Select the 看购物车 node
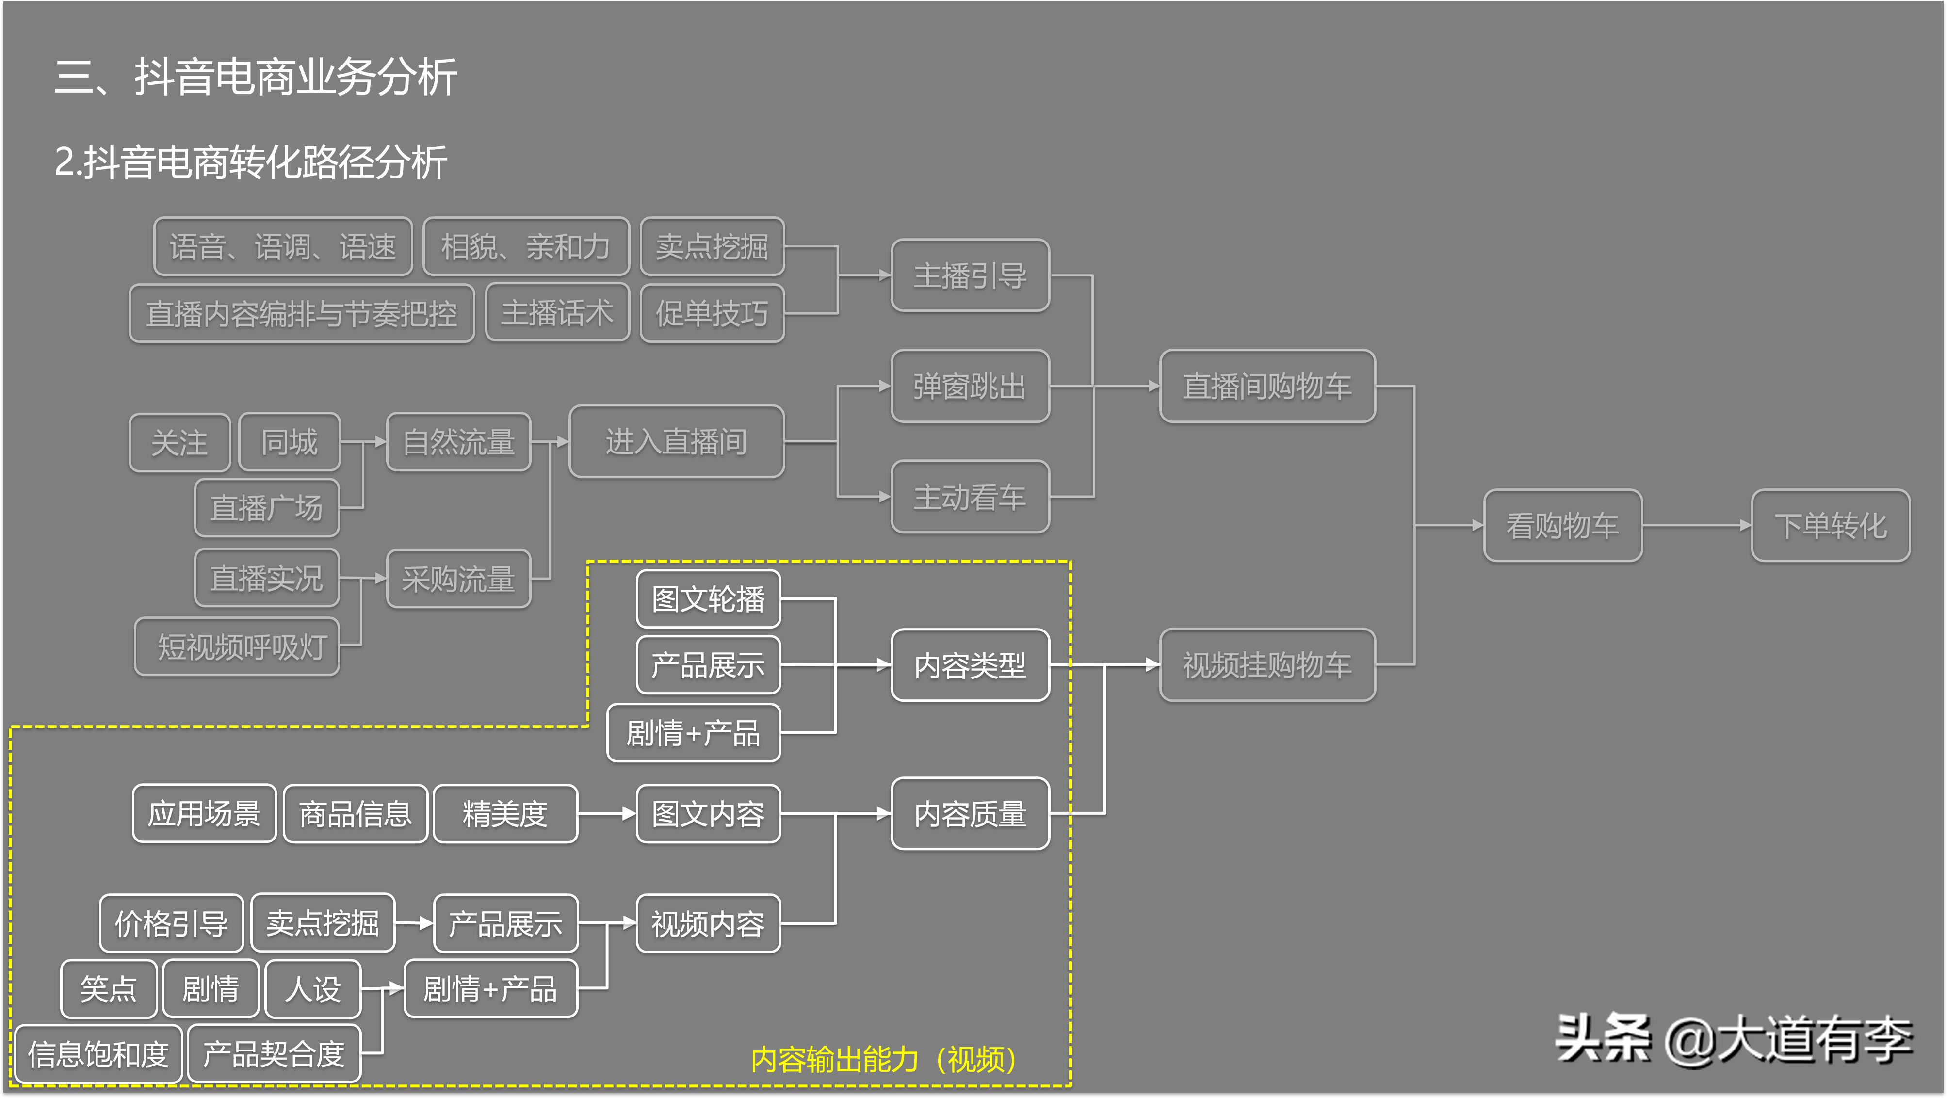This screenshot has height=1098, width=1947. pos(1562,525)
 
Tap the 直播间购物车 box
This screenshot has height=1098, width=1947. pos(1267,386)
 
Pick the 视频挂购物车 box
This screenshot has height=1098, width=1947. pos(1267,665)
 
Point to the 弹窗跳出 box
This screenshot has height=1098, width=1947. pos(970,386)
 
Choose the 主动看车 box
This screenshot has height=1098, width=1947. pos(970,497)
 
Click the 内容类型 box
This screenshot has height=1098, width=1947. pos(970,665)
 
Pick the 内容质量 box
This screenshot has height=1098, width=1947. pos(970,814)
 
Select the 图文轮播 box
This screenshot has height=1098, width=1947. pos(708,599)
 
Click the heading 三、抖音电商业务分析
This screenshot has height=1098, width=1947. pos(256,77)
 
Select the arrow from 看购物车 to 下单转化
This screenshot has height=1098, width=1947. pos(1697,525)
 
